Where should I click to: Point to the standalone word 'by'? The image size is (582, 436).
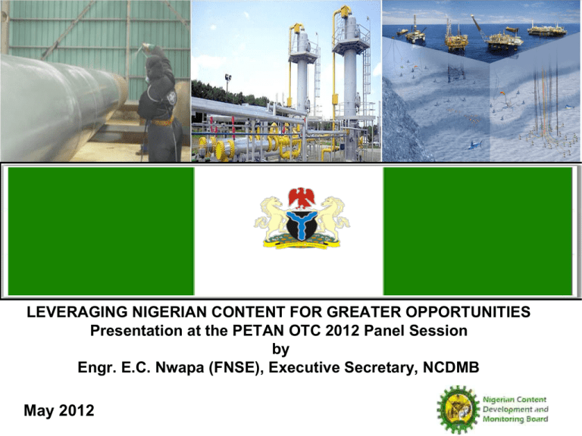click(280, 349)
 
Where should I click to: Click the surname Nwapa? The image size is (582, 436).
click(180, 367)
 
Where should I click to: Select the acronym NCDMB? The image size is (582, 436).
click(451, 367)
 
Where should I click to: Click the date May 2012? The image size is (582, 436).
click(59, 410)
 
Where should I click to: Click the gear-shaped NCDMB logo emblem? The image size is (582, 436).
click(458, 410)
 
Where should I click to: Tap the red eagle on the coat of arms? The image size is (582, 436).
click(302, 198)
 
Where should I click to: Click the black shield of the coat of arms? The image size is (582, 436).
click(302, 226)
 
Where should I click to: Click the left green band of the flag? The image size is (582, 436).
click(101, 231)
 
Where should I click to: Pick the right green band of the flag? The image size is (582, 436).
click(477, 231)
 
